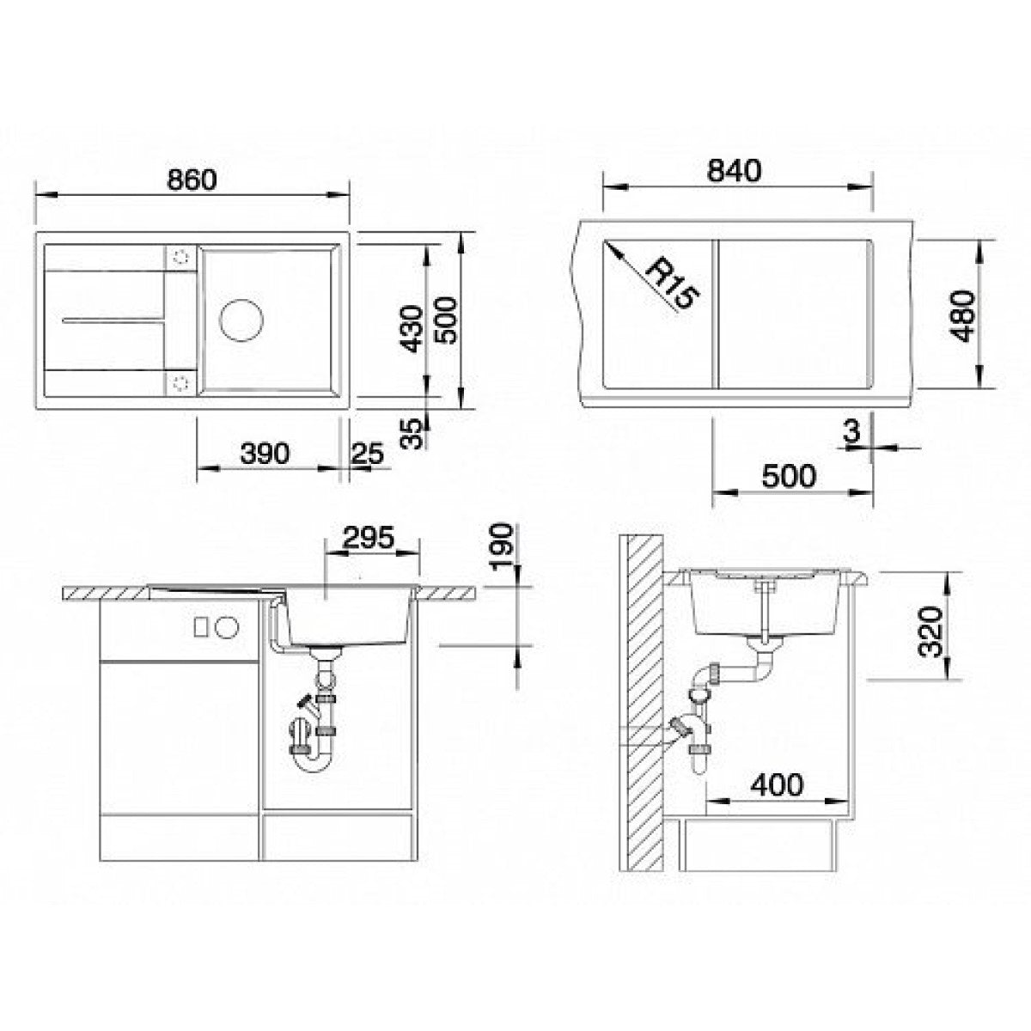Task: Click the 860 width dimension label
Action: click(192, 180)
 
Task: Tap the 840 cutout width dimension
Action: click(734, 171)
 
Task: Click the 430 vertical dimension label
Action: click(412, 328)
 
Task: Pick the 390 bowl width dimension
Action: click(265, 454)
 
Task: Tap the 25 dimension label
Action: click(368, 454)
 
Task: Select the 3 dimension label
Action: click(851, 431)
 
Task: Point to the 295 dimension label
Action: click(369, 538)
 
